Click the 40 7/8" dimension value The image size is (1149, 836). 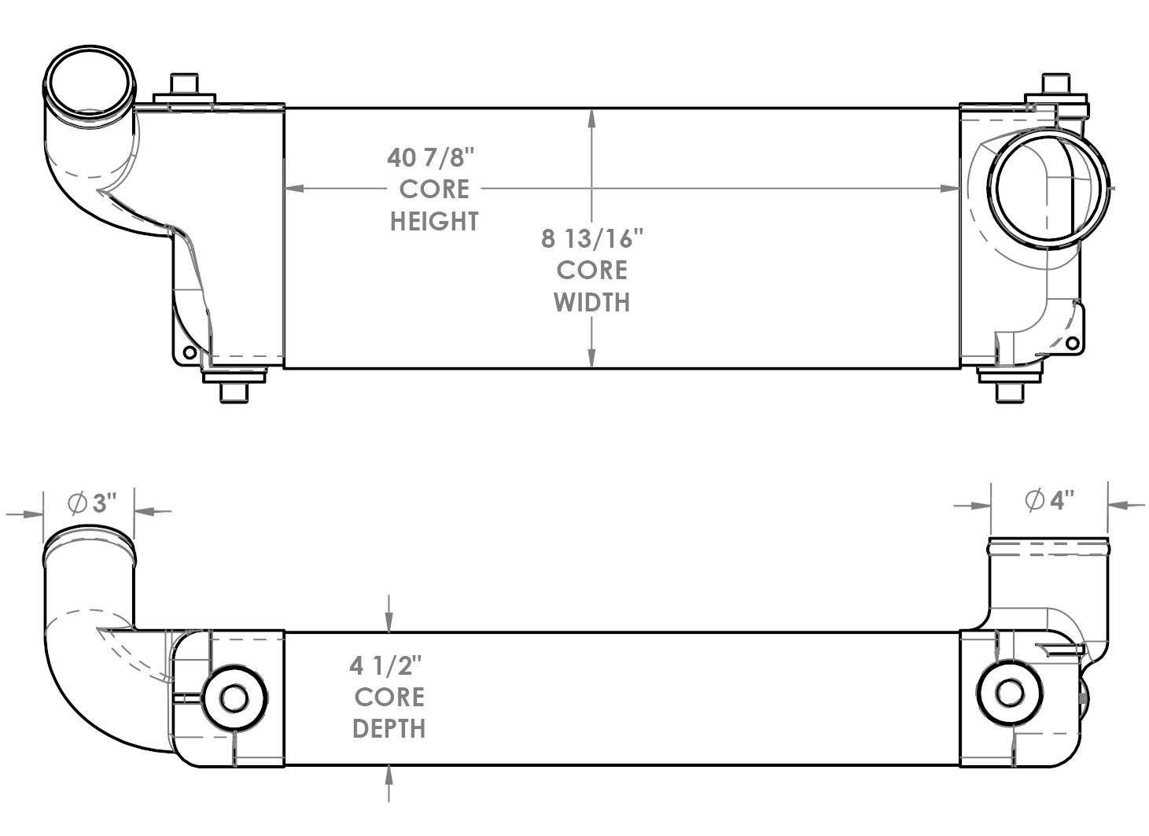(432, 157)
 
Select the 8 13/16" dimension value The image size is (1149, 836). (591, 238)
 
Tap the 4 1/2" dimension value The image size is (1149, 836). (386, 666)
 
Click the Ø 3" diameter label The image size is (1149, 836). (92, 503)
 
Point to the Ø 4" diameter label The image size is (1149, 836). (1050, 499)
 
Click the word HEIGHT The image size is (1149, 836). (434, 222)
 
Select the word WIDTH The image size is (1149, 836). (591, 302)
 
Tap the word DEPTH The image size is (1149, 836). (389, 729)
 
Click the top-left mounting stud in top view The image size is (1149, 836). (184, 86)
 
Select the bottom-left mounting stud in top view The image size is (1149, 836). (234, 391)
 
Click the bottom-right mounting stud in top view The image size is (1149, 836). (1010, 391)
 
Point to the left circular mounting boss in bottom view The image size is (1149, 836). (234, 698)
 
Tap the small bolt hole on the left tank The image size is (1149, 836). (189, 352)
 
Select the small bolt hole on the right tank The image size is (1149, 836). (1071, 343)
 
